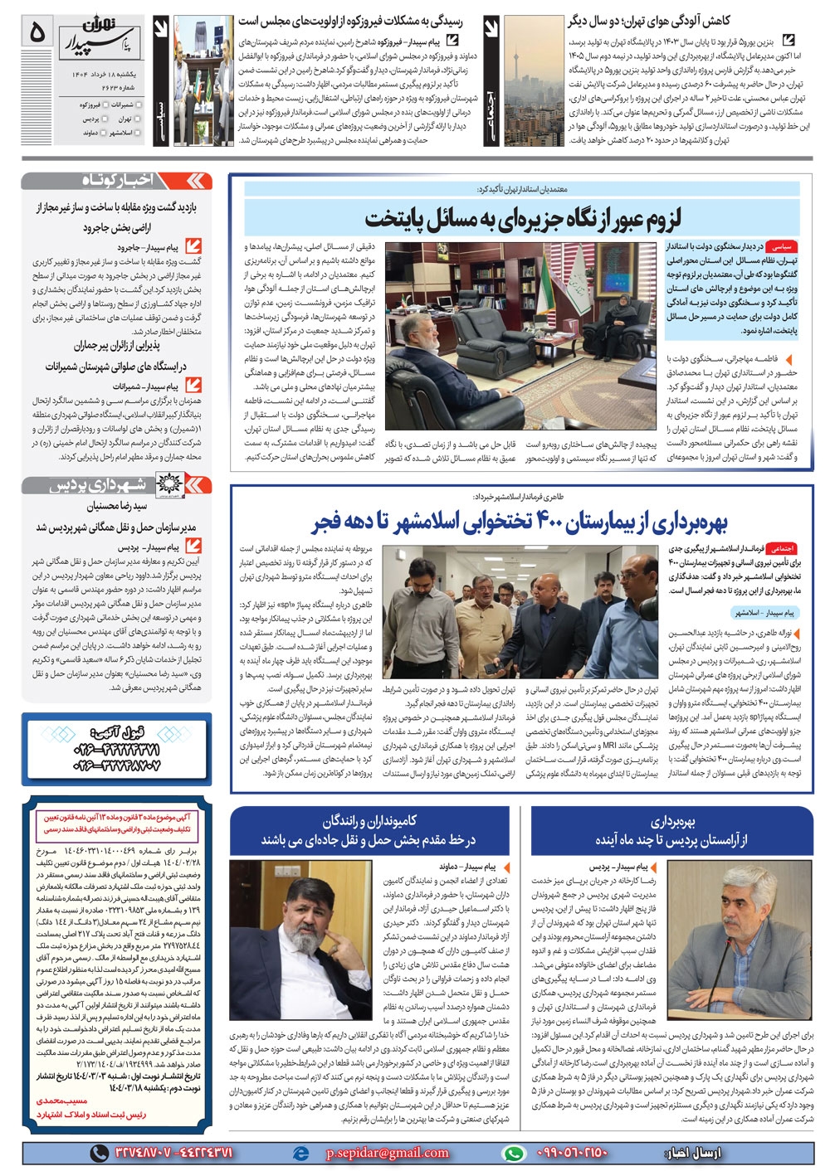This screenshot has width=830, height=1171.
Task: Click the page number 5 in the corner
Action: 37,32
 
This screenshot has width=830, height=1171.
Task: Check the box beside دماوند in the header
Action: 73,133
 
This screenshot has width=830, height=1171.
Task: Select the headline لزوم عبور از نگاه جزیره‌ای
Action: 523,219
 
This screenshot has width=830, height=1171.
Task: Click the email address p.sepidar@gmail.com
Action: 386,1153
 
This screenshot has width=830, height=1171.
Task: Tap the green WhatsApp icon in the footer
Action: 515,1154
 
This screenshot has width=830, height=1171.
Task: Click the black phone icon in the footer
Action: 100,1154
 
